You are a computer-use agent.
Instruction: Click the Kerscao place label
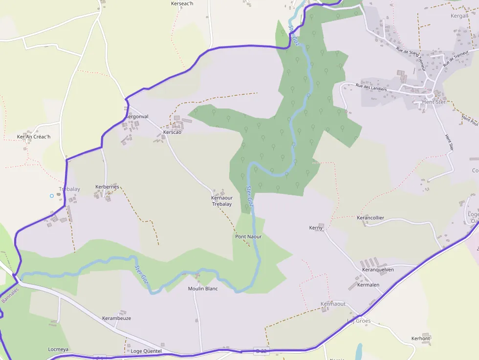173,132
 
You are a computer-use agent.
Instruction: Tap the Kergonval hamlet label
136,117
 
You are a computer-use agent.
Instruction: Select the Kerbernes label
107,187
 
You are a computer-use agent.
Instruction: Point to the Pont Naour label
248,236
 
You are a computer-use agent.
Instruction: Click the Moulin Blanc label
203,289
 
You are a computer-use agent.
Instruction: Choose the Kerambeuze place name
116,318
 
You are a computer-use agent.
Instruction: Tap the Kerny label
316,228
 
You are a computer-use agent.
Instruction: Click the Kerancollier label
370,218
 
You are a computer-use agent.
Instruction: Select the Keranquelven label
378,270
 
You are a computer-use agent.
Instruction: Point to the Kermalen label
368,285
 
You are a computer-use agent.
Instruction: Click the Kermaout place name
333,304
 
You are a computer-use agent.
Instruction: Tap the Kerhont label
420,339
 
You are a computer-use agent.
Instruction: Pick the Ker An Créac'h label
34,137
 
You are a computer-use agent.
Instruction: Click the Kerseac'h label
182,3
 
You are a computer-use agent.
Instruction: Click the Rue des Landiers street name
371,87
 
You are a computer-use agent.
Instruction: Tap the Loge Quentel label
146,351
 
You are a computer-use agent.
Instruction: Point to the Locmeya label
58,350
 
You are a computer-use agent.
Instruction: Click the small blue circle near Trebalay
52,196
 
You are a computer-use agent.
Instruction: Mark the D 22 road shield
261,351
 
